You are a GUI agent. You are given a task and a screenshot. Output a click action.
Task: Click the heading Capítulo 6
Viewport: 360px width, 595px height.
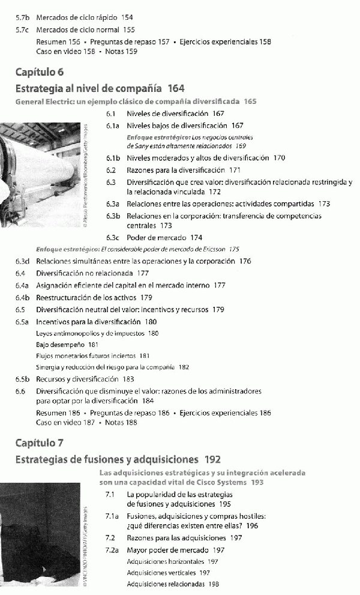pos(40,73)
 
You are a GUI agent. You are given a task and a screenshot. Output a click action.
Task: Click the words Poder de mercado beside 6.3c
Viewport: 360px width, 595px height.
pos(153,237)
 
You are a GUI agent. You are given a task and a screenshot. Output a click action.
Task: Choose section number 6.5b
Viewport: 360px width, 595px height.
pos(23,379)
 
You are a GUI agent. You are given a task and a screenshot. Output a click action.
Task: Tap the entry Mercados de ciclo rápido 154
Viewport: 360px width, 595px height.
pos(84,18)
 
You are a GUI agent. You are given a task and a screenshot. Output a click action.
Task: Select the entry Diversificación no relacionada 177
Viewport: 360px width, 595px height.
pos(92,273)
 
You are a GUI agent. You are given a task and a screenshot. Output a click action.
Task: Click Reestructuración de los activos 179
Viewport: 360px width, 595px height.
pos(94,297)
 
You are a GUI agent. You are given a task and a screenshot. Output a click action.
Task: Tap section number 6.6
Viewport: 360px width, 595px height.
pos(20,391)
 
